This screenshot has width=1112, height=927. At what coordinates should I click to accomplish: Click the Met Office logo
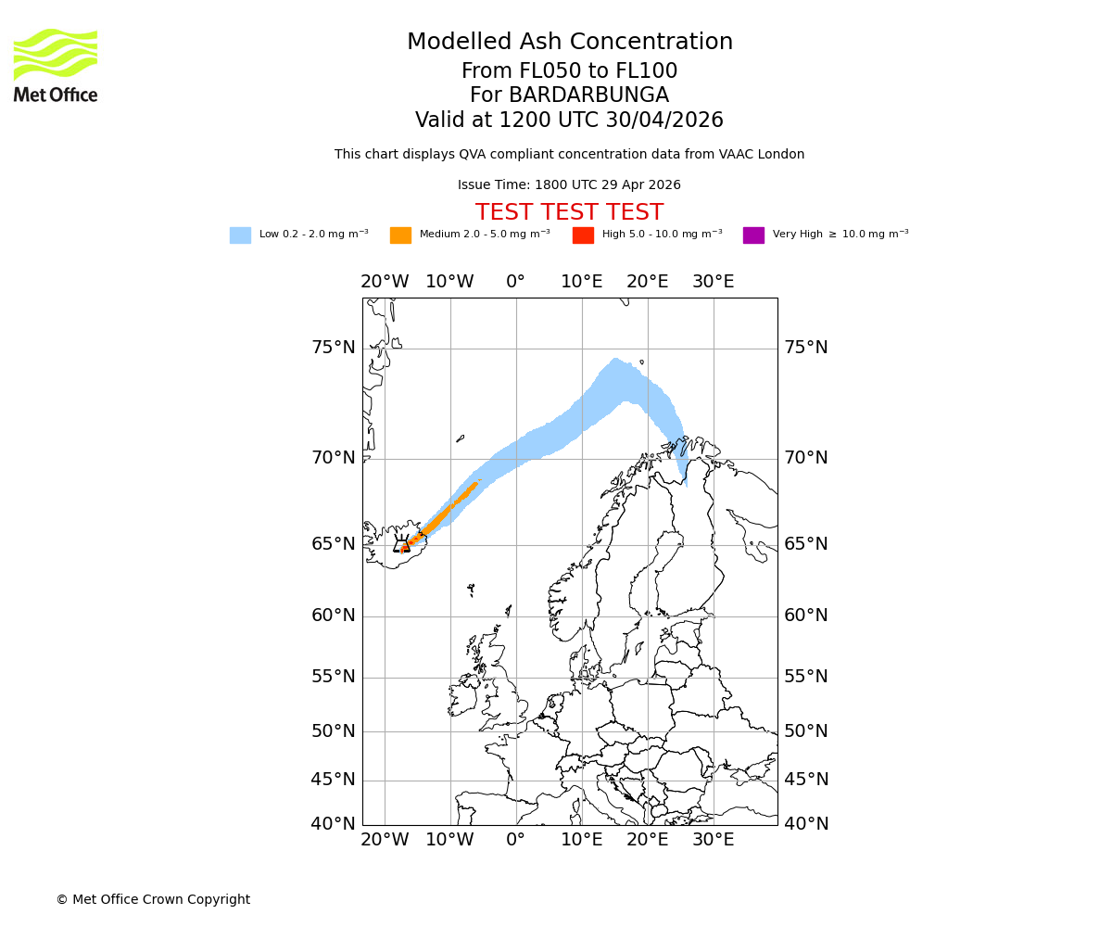coord(56,65)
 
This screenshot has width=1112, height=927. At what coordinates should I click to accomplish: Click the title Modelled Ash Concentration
coord(569,43)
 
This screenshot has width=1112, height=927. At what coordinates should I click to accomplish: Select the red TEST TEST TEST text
coord(569,213)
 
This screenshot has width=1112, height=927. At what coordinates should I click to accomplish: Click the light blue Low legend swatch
coord(240,235)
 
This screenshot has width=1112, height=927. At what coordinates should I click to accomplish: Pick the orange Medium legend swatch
coord(400,235)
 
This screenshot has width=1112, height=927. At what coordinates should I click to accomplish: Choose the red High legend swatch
coord(583,235)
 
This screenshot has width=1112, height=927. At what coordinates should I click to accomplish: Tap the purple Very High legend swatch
coord(753,235)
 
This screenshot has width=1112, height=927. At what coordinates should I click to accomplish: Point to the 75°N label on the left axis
coord(333,348)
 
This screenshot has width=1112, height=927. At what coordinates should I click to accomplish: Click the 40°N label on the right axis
coord(806,824)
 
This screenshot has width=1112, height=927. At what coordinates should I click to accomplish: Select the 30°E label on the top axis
coord(713,282)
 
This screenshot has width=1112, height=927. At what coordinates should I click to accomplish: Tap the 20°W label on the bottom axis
coord(385,841)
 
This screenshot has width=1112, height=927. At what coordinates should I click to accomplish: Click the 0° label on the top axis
coord(515,282)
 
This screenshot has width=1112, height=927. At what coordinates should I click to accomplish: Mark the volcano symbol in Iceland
coord(402,545)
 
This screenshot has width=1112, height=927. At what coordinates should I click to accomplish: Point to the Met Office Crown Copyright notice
coord(153,900)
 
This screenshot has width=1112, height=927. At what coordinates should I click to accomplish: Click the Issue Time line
coord(569,185)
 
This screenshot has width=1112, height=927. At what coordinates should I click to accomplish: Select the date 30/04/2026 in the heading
coord(664,121)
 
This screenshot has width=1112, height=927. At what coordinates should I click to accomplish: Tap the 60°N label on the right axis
coord(806,616)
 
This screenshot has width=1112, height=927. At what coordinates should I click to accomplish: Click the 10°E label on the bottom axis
coord(581,841)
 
